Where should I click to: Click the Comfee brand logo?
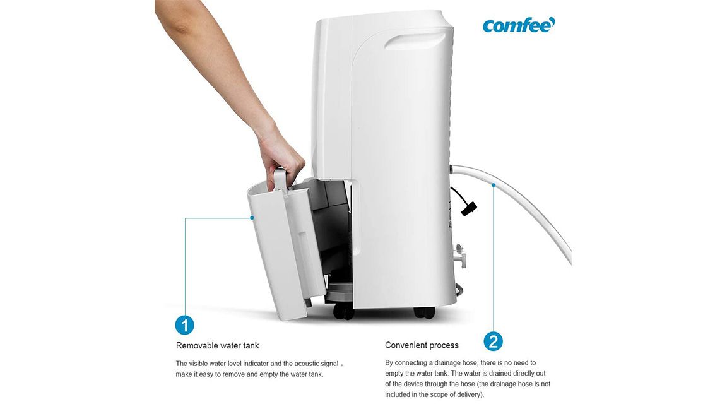518,25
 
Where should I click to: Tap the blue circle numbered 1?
184,325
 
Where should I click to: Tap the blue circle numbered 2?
494,341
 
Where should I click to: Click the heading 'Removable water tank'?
218,345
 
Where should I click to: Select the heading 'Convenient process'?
422,345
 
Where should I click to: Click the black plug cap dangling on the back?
469,209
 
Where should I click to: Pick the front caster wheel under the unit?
343,312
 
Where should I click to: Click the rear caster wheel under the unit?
425,312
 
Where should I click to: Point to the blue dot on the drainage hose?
494,185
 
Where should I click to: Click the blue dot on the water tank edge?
252,218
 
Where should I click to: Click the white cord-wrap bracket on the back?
459,256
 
